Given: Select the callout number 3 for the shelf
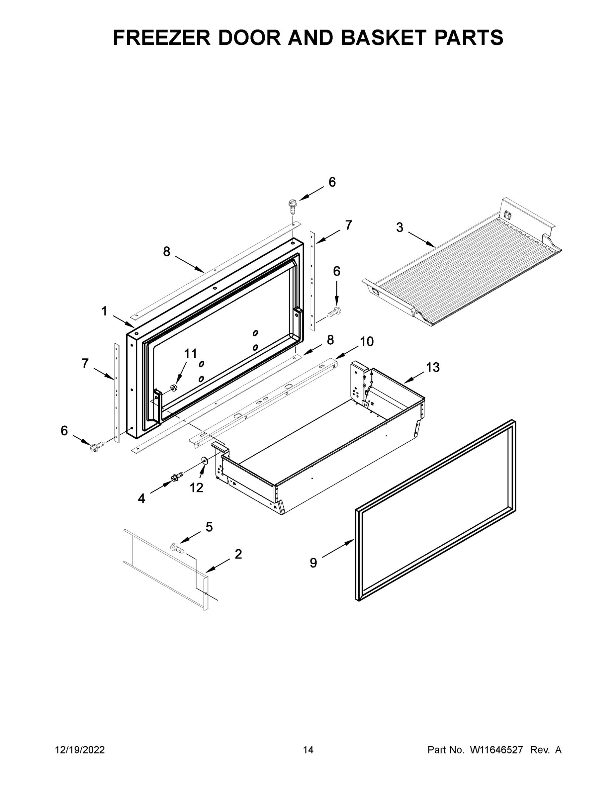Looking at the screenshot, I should coord(399,227).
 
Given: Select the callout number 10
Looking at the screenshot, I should coord(366,342).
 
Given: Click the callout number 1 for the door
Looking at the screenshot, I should coord(104,311).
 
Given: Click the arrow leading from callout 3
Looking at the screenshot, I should coord(421,239).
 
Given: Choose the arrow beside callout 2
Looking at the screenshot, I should coord(218,565).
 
